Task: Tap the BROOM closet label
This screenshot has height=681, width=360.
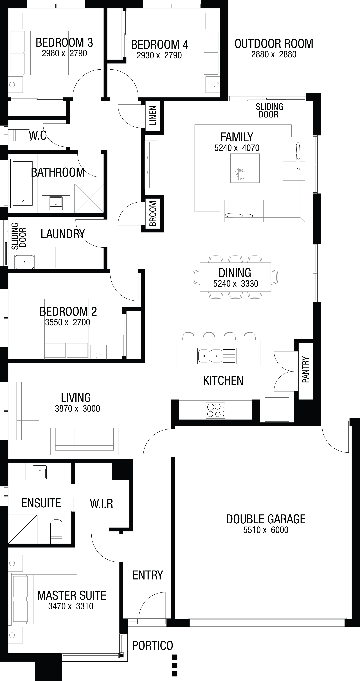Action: pyautogui.click(x=153, y=213)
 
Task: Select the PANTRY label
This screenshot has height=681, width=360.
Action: pyautogui.click(x=305, y=370)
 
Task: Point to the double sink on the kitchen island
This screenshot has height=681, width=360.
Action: pyautogui.click(x=217, y=356)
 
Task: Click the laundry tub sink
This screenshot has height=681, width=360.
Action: pyautogui.click(x=24, y=262)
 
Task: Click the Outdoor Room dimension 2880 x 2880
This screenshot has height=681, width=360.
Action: pyautogui.click(x=274, y=55)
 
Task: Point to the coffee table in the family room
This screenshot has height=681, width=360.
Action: pyautogui.click(x=245, y=168)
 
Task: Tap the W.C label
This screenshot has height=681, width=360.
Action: pyautogui.click(x=38, y=136)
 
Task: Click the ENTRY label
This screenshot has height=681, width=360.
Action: pyautogui.click(x=148, y=575)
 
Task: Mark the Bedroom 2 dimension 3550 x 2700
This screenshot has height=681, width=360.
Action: pyautogui.click(x=67, y=322)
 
